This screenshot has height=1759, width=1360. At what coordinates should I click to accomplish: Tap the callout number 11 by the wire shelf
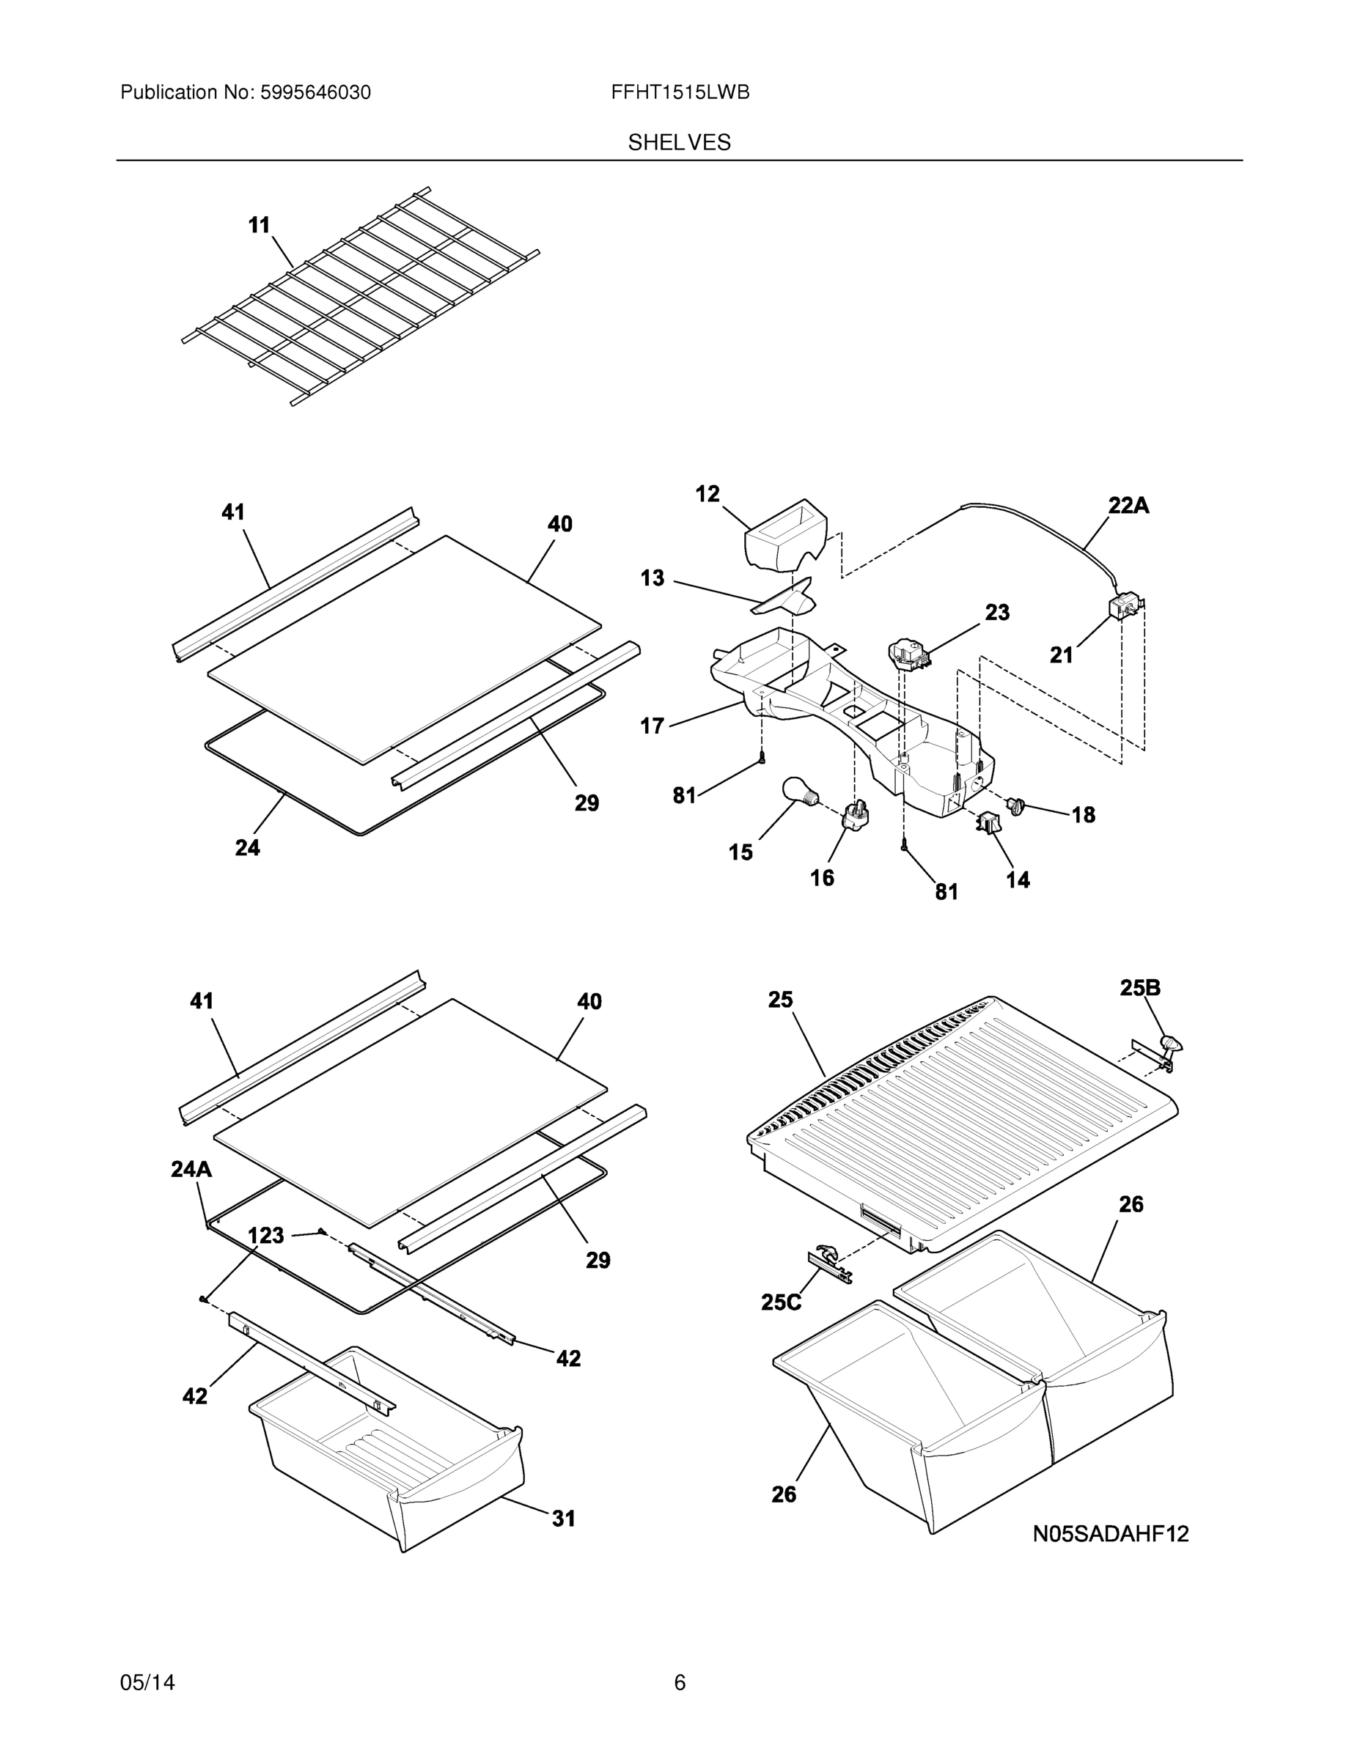[x=259, y=226]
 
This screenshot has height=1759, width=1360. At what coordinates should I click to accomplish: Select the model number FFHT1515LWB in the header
[x=680, y=92]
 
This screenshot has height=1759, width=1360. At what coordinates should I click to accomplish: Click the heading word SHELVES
[x=679, y=143]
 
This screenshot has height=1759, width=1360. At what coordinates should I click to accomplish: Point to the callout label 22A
[x=1128, y=506]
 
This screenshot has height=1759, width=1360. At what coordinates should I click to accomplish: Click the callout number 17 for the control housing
[x=652, y=726]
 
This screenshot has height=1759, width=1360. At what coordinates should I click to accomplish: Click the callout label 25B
[x=1140, y=987]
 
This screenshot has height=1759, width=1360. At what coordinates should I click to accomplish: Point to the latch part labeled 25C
[x=828, y=1261]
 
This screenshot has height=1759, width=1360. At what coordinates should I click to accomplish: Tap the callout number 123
[x=265, y=1235]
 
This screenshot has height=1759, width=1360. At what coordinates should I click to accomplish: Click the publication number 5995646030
[x=315, y=92]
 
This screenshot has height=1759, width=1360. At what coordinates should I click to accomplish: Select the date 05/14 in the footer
[x=147, y=1683]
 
